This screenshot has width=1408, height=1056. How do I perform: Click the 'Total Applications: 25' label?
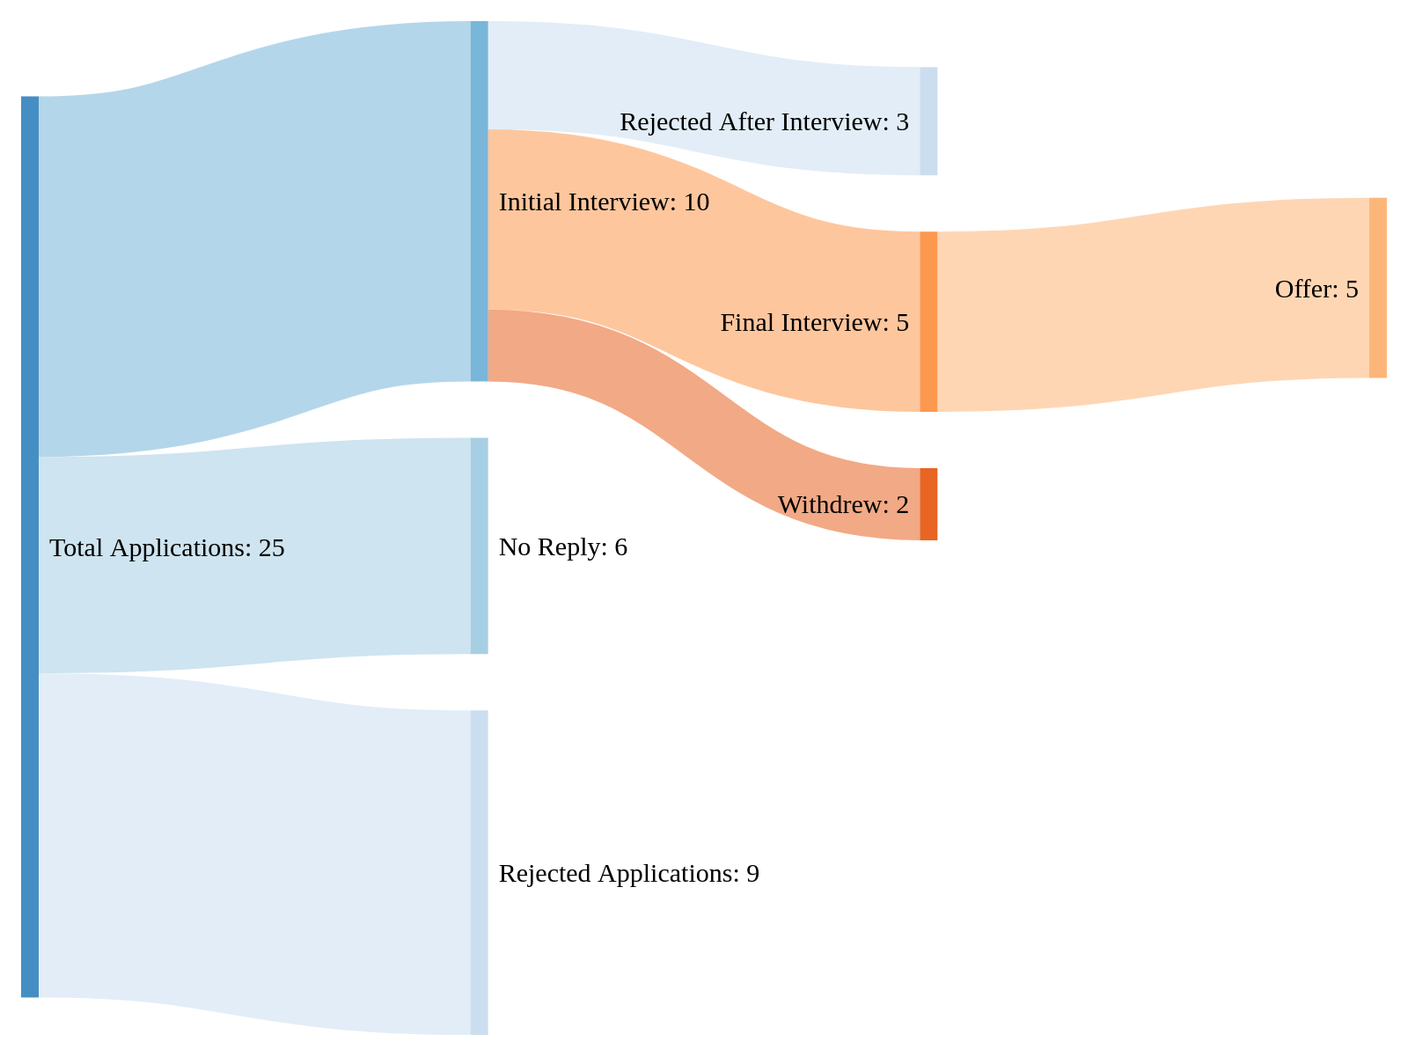point(167,548)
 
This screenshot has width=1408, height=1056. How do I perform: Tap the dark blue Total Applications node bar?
point(30,546)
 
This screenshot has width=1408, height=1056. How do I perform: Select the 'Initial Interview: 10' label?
point(604,202)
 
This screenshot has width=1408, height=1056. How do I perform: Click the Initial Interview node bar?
point(479,202)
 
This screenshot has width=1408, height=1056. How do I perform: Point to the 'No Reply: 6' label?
point(562,547)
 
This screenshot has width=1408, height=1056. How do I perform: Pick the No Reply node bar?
point(479,546)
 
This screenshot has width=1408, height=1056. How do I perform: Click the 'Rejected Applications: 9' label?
point(628,874)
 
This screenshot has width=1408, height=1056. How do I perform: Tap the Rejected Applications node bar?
point(479,872)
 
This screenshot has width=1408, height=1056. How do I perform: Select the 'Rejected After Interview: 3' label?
point(764,122)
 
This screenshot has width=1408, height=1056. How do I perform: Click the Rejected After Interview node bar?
point(928,121)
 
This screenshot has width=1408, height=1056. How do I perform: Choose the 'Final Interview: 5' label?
point(814,323)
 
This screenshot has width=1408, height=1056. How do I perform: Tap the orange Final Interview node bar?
point(928,321)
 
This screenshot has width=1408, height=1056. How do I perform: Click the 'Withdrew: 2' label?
point(842,505)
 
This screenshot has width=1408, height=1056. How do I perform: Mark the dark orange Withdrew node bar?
point(928,504)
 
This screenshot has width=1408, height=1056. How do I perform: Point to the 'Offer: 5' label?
point(1316,290)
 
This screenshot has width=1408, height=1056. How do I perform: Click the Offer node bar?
point(1377,288)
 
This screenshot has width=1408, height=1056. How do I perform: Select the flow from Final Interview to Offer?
point(1144,304)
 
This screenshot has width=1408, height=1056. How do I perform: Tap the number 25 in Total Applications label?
point(271,548)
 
